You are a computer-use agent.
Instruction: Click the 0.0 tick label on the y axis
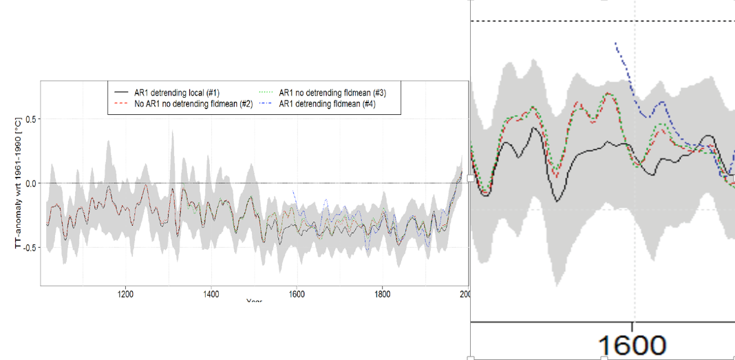pos(29,183)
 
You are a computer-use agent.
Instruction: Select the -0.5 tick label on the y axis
pos(28,247)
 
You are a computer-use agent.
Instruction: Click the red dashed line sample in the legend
pos(122,103)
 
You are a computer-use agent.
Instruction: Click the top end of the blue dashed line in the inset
pos(615,43)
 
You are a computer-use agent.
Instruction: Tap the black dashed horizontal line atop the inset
pos(602,21)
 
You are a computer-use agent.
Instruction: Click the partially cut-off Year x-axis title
pos(255,301)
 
